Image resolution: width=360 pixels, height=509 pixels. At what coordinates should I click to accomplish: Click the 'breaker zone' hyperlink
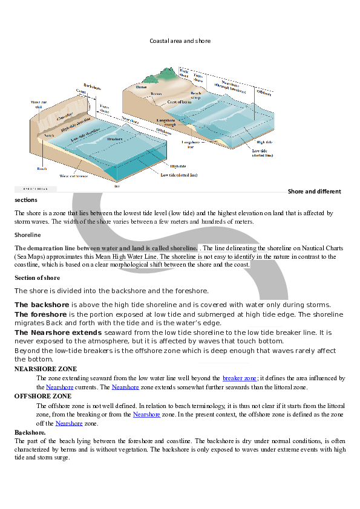[x=240, y=378]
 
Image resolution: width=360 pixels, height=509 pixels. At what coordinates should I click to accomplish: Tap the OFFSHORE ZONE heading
[x=42, y=396]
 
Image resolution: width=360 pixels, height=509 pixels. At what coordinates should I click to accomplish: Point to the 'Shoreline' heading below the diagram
[x=28, y=234]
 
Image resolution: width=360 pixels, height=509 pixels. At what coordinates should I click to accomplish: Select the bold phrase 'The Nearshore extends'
[x=58, y=332]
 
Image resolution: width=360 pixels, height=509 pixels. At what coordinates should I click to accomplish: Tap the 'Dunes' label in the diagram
[x=142, y=87]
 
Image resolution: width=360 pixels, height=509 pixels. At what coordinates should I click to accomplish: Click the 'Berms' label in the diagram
[x=156, y=94]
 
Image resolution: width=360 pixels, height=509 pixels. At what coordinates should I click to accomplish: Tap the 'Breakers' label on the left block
[x=115, y=138]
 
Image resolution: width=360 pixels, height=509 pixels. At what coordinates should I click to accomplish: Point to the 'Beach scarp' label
[x=196, y=96]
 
